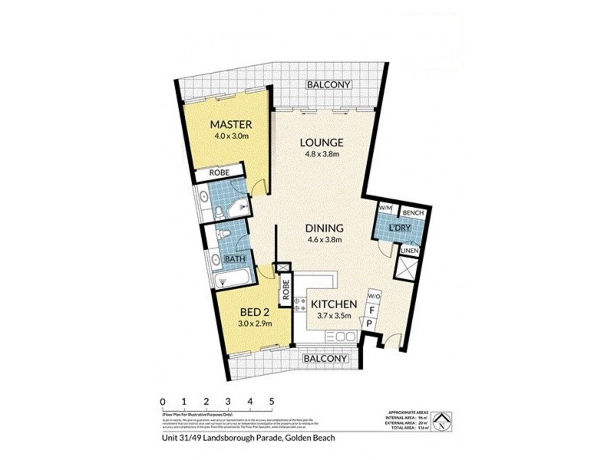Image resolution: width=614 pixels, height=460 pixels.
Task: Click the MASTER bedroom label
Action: coord(232,124)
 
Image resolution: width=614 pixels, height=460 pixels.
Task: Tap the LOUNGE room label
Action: coord(321,143)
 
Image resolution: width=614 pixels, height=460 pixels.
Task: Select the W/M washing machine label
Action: coord(385,209)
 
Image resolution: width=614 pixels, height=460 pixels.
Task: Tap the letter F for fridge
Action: coord(373,310)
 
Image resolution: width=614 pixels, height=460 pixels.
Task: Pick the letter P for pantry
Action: coord(369,325)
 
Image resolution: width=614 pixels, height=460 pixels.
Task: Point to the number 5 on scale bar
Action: coord(272,400)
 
